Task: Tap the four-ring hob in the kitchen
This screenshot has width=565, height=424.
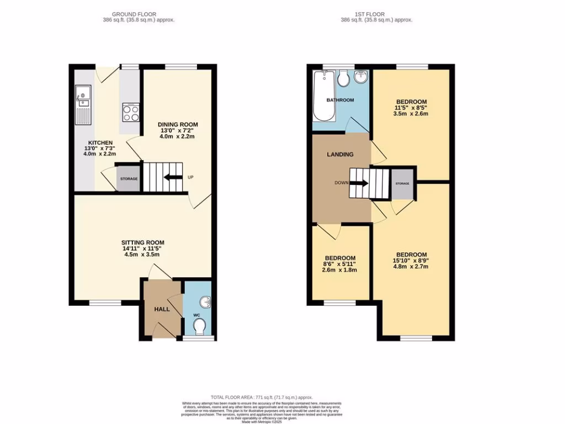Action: click(x=131, y=113)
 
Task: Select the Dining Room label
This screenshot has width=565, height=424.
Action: click(x=177, y=125)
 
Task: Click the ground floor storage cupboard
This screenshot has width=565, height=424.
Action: click(x=129, y=179)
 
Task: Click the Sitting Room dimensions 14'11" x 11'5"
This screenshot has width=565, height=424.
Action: click(x=143, y=249)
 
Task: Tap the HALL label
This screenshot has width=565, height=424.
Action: click(x=162, y=309)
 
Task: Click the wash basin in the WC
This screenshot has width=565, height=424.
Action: click(x=206, y=302)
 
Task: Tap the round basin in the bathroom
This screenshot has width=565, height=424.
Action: click(x=361, y=78)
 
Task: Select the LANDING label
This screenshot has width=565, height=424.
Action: click(x=340, y=155)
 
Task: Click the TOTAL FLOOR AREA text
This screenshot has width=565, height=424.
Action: click(x=262, y=397)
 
